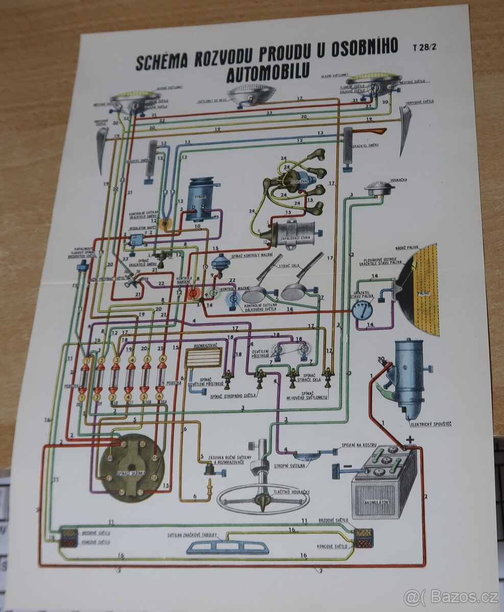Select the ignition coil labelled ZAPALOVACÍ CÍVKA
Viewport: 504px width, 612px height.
click(289, 234)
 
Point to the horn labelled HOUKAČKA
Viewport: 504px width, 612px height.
click(379, 189)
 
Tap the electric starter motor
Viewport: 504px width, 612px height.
click(409, 377)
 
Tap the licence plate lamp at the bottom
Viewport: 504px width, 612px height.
click(228, 547)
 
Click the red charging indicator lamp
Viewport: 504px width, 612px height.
click(193, 293)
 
